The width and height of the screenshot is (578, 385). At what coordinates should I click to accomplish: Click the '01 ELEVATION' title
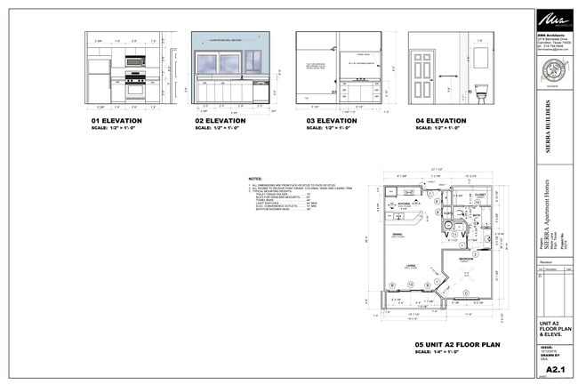click(116, 120)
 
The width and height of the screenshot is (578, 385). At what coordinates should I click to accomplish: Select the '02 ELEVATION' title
click(220, 120)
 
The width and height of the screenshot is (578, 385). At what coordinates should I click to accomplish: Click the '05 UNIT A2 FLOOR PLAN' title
click(459, 344)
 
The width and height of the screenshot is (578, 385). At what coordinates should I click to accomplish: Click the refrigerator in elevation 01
click(98, 81)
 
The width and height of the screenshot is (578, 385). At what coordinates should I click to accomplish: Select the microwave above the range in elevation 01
click(135, 62)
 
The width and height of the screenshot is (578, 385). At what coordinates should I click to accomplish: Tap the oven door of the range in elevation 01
click(135, 90)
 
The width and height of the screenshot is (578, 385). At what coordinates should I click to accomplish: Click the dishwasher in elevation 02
click(260, 93)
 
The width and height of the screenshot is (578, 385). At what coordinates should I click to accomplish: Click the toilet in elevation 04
click(481, 92)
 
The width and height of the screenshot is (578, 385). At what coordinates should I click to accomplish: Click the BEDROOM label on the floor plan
click(466, 259)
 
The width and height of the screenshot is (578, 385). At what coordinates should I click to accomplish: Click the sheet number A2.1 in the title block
click(551, 367)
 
